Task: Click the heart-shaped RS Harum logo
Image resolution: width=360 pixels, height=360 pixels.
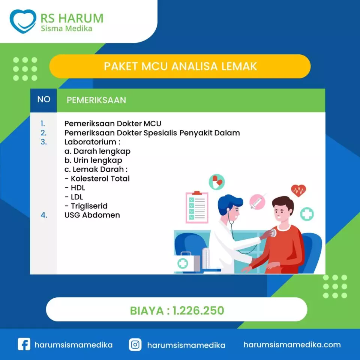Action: (x=23, y=21)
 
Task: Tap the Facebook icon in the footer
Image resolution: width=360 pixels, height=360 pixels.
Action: (x=24, y=344)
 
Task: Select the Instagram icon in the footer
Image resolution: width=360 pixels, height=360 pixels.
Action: (x=135, y=344)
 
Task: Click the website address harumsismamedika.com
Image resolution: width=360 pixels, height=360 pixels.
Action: (x=292, y=345)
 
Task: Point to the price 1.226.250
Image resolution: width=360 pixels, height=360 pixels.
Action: (x=198, y=310)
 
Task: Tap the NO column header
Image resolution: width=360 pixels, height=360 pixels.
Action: (x=44, y=99)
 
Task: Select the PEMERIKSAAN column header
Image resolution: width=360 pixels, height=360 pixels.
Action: (x=96, y=100)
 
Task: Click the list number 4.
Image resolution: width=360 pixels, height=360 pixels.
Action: (x=44, y=215)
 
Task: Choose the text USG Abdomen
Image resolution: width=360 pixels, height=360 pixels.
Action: (x=92, y=215)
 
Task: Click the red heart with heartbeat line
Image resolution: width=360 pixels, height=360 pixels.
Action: (x=298, y=190)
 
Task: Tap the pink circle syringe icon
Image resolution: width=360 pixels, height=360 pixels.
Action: (x=257, y=202)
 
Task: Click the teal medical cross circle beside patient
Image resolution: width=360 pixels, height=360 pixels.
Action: (x=307, y=214)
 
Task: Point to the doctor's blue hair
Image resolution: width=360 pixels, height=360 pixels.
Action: (x=229, y=202)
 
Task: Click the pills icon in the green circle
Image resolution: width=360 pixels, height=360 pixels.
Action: (x=216, y=182)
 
